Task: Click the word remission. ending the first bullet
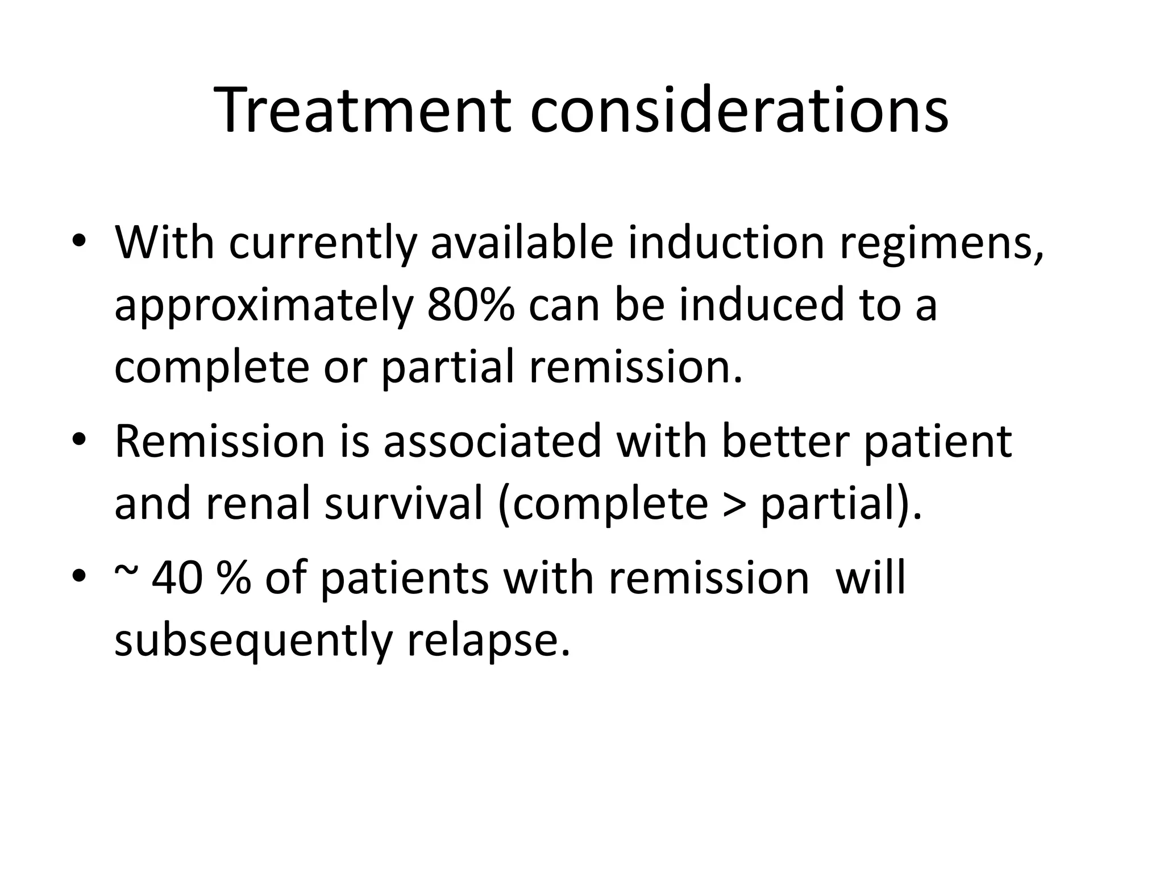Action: pos(636,368)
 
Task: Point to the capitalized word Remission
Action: pos(219,441)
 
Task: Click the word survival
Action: pos(403,504)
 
